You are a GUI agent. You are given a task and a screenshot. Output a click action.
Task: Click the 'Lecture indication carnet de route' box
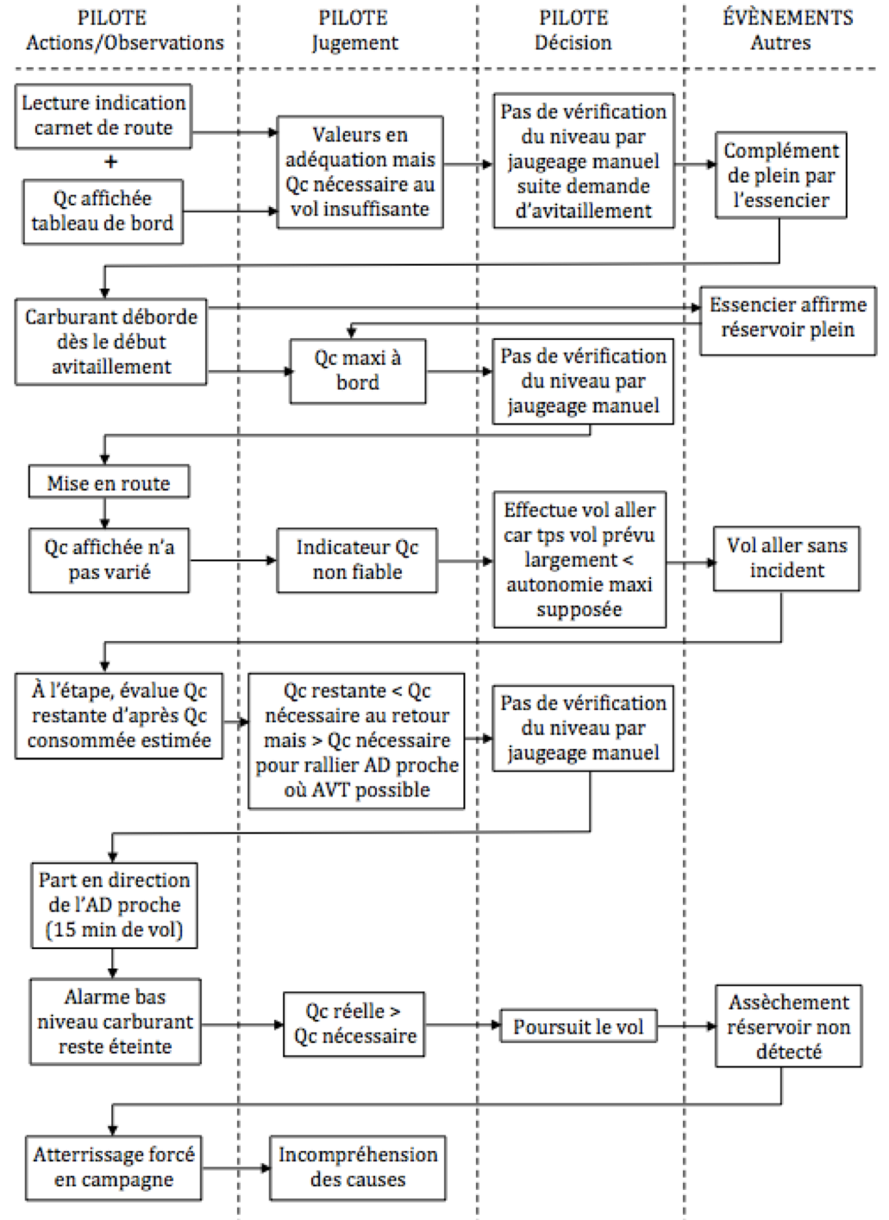click(x=103, y=116)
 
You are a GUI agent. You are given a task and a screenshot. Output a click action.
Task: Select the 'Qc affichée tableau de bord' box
click(x=103, y=211)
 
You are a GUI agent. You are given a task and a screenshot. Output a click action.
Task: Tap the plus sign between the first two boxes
click(x=110, y=162)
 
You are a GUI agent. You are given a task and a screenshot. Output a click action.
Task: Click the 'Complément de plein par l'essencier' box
click(x=779, y=175)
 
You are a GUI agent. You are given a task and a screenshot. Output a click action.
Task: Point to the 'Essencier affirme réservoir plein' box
click(x=787, y=318)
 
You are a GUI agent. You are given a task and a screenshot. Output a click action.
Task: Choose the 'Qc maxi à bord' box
click(x=357, y=370)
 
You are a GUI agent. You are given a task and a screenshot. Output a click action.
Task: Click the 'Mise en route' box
click(x=109, y=483)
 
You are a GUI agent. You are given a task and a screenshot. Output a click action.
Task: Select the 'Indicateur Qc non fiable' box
click(x=357, y=560)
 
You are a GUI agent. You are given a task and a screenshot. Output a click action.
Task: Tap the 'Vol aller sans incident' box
click(x=786, y=558)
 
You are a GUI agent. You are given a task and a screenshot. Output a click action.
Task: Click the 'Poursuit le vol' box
click(x=578, y=1027)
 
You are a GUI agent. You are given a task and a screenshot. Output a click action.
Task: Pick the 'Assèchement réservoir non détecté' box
click(x=788, y=1027)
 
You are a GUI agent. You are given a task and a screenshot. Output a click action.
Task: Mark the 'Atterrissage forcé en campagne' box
click(x=114, y=1167)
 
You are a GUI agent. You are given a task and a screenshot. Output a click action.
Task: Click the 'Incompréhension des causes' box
click(x=358, y=1167)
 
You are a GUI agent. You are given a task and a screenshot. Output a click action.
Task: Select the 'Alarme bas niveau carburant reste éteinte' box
click(x=115, y=1022)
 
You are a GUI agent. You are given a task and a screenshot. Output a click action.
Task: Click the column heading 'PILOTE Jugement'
click(x=354, y=30)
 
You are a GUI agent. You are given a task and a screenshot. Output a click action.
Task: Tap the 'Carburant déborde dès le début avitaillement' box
click(x=110, y=342)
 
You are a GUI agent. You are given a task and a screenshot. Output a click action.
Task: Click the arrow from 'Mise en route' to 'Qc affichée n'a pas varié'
click(x=105, y=513)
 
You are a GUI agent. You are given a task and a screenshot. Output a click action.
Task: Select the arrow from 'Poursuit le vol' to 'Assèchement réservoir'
click(x=686, y=1026)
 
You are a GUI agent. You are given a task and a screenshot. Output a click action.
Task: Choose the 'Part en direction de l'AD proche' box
click(x=114, y=905)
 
